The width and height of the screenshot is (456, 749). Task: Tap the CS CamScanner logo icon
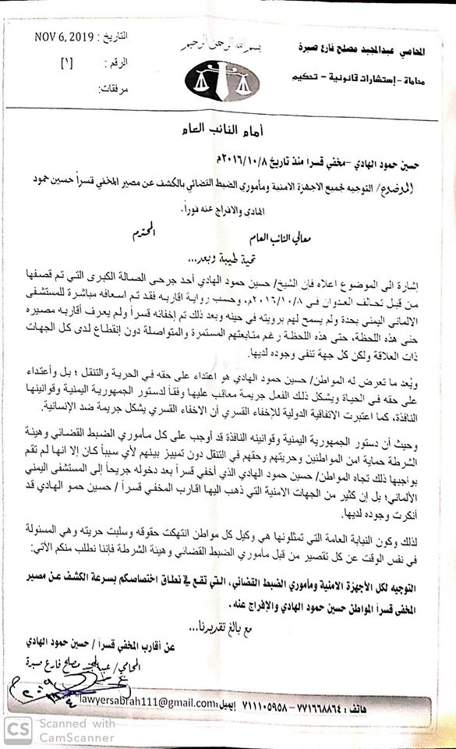[x=16, y=730]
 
